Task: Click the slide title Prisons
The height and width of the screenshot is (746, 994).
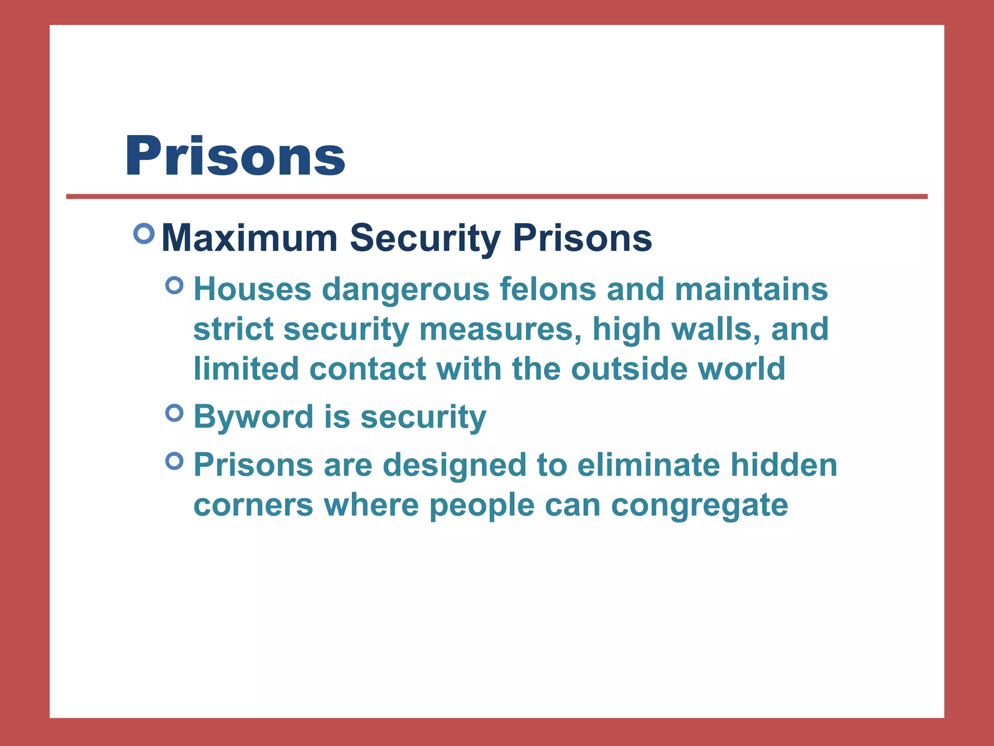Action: tap(235, 156)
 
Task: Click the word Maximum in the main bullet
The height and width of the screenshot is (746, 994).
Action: tap(249, 238)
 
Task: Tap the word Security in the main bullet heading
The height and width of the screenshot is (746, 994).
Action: tap(425, 238)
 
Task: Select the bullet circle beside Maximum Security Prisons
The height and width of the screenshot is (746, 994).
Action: tap(144, 234)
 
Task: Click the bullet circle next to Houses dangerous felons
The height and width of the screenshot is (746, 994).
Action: tap(174, 285)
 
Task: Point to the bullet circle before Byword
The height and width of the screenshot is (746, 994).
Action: tap(174, 413)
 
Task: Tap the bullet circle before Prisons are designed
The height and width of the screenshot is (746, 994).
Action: tap(174, 460)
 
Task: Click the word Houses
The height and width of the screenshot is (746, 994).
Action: tap(252, 289)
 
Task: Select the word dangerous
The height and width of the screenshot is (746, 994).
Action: tap(406, 289)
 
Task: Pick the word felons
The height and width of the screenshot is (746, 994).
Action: tap(547, 289)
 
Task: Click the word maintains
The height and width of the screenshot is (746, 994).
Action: tap(751, 289)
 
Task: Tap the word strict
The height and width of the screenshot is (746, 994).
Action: tap(233, 329)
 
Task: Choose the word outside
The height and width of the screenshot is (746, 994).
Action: tap(629, 369)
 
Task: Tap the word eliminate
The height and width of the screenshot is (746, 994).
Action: tap(648, 465)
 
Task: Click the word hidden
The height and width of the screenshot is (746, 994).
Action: tap(784, 465)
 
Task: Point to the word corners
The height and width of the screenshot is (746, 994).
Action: tap(253, 505)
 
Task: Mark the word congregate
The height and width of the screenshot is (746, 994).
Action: tap(699, 505)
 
